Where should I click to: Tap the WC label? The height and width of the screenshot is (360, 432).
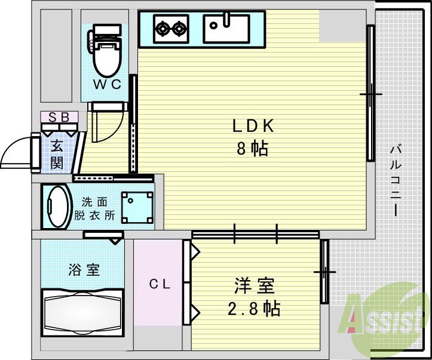[x=108, y=84]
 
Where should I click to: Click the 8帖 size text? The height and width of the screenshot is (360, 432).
[x=252, y=149]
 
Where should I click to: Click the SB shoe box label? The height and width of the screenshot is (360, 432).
[x=59, y=116]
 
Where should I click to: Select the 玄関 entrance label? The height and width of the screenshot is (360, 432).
[x=57, y=154]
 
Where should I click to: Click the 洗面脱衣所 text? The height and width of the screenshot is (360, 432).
[x=94, y=208]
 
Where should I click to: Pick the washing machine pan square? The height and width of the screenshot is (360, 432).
[x=136, y=207]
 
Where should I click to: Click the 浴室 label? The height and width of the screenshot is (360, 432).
[x=83, y=270]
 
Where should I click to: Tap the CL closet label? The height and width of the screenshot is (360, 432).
[x=160, y=285]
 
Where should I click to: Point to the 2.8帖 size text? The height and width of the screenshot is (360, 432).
[x=254, y=309]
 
